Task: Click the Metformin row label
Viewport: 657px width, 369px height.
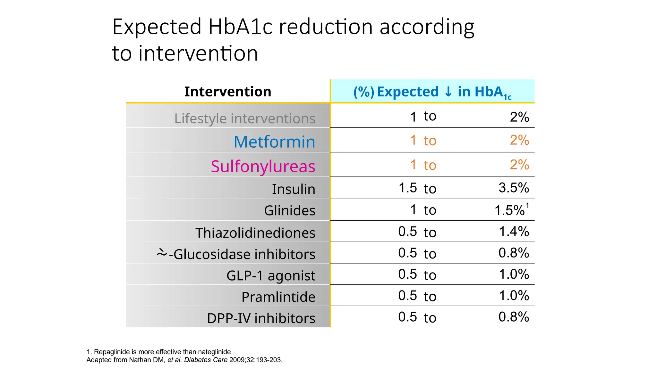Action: tap(274, 142)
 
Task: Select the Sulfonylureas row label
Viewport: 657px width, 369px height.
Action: tap(263, 166)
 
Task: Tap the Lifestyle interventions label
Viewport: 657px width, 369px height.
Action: tap(245, 119)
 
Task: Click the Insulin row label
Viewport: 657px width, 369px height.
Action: tap(294, 189)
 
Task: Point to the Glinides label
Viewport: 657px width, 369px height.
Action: tap(290, 210)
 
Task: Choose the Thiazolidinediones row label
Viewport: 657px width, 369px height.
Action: tap(255, 233)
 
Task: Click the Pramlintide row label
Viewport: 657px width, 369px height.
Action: tap(278, 297)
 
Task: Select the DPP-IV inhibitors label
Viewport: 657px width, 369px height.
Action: tap(261, 318)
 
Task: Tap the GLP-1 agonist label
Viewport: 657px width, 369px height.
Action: tap(271, 275)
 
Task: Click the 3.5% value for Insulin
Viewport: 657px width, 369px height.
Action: tap(514, 188)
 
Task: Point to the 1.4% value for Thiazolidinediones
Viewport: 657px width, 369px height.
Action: tap(514, 231)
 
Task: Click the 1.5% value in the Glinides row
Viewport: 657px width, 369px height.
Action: tap(509, 210)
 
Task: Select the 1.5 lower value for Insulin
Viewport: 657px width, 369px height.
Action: tap(407, 188)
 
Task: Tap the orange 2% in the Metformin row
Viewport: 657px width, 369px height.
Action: tap(519, 140)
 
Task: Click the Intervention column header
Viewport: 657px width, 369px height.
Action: tap(228, 92)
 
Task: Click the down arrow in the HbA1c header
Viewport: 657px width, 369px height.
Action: tap(448, 92)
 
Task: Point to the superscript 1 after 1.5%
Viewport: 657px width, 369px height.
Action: tap(527, 206)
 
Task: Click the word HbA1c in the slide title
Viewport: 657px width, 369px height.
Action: tap(240, 27)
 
